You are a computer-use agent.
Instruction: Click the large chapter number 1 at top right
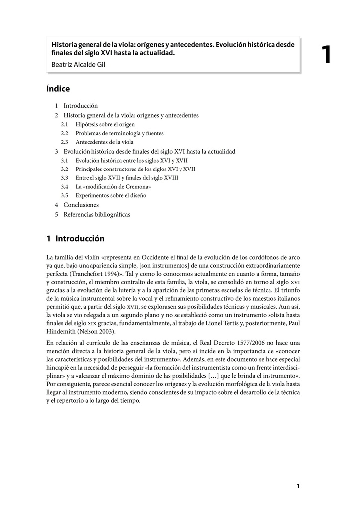tap(326, 54)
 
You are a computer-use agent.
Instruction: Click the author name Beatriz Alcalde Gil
tap(79, 64)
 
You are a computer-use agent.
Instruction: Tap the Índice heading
tap(58, 89)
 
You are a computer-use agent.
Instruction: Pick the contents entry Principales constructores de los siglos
tap(135, 169)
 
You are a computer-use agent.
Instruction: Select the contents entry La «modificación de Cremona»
tap(113, 187)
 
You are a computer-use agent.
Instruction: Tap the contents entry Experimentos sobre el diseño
tap(111, 196)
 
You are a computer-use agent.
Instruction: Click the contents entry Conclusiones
tap(81, 205)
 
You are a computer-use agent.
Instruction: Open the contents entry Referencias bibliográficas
tap(96, 214)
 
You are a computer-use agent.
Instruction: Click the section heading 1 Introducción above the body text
tap(76, 239)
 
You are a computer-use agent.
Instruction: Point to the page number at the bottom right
tap(298, 486)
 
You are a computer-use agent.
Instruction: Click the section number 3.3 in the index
tap(65, 178)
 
